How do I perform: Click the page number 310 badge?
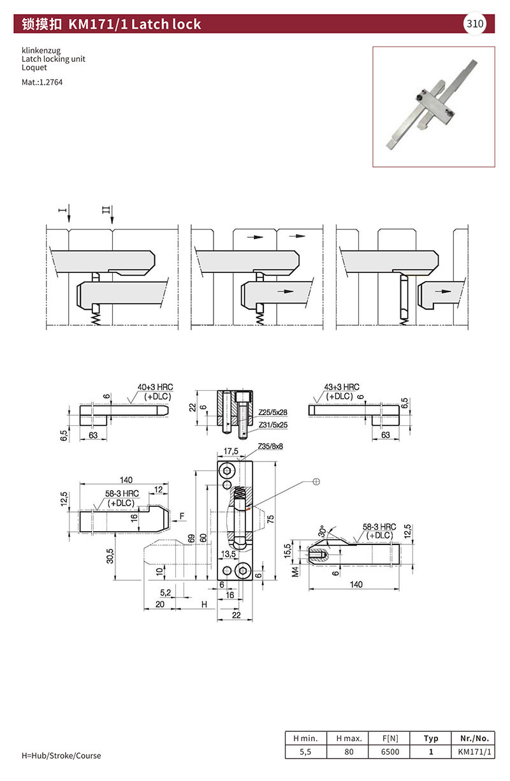[475, 24]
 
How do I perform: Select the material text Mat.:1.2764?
[42, 82]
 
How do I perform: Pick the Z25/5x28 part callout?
[273, 412]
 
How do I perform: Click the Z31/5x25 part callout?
[273, 424]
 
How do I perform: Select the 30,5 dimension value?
[110, 555]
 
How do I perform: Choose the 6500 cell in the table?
[390, 752]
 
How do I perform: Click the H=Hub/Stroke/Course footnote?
[61, 755]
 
